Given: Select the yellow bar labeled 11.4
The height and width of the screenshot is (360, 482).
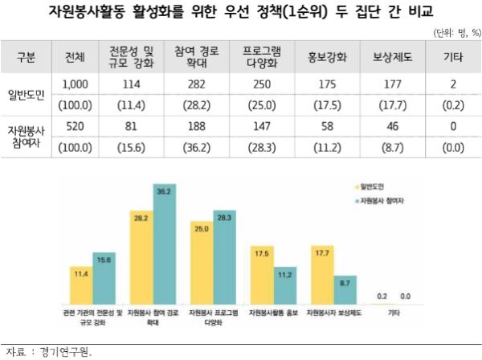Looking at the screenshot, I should point(81,284).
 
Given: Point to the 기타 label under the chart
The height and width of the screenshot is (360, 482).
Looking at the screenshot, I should point(393,310).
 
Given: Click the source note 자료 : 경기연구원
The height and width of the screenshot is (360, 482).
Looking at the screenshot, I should point(49,351).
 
